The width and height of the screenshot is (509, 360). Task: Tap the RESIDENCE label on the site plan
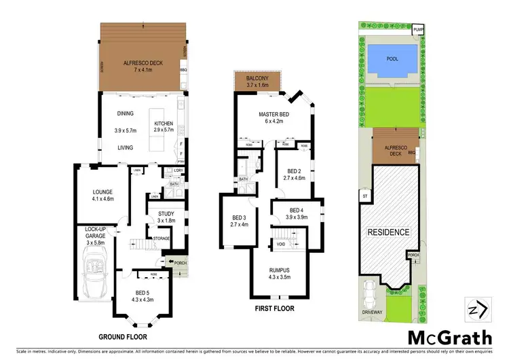pos(389,232)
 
